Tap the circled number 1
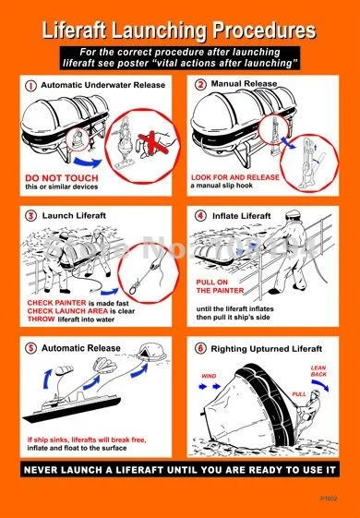tap(31, 85)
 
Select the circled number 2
tap(199, 84)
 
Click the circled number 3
tap(31, 215)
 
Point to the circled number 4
tap(200, 215)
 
